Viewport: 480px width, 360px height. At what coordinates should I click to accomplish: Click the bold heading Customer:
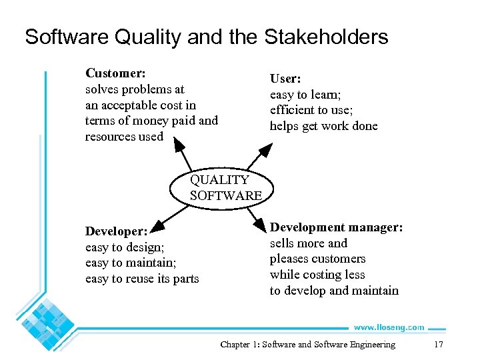(115, 73)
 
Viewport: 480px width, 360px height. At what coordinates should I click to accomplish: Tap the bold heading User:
(285, 79)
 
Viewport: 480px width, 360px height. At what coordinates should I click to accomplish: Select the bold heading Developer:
(116, 231)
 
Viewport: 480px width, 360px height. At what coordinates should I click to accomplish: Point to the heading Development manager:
(336, 227)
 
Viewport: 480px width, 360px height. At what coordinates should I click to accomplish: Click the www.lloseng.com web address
(389, 327)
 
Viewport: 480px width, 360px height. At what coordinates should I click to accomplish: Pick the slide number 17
(438, 345)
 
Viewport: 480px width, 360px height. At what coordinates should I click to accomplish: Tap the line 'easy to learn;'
(305, 95)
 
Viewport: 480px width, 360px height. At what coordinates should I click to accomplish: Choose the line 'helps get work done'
(323, 126)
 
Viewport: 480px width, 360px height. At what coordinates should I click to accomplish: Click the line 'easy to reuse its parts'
(142, 279)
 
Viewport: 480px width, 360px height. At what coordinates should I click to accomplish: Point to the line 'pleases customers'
(317, 259)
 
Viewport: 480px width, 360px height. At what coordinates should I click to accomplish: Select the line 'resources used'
(124, 136)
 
